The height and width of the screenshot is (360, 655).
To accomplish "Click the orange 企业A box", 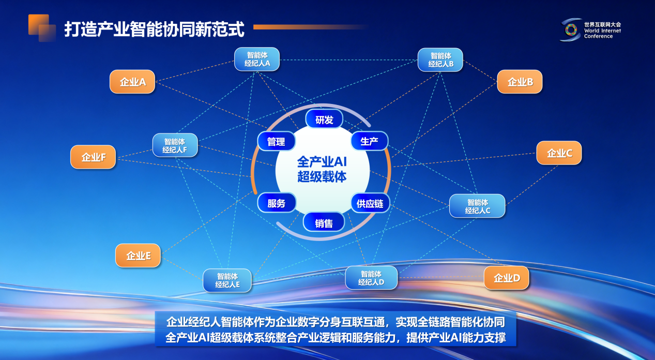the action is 132,82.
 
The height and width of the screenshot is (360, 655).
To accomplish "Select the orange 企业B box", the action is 520,82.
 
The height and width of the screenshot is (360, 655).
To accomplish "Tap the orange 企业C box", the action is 559,153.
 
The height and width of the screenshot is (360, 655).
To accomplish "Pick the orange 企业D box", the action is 507,278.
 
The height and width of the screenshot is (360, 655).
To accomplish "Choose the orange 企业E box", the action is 138,256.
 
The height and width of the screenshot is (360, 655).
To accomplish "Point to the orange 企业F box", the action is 93,157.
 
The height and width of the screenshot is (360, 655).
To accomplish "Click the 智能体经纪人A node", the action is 257,59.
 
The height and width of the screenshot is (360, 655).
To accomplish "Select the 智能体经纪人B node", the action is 440,59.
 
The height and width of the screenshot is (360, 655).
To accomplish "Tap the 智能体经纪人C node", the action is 477,206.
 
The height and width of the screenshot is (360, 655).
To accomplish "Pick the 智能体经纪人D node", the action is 371,278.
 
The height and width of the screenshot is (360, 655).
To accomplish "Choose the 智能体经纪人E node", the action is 227,280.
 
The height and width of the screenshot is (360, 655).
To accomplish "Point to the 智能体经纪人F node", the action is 175,145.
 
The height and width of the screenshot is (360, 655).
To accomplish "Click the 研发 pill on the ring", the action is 324,119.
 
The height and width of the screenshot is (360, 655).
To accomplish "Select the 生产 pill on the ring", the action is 370,141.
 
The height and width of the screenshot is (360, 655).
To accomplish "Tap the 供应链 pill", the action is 370,203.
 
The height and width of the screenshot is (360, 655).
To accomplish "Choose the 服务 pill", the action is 277,203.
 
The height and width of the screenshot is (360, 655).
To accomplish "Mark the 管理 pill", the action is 277,141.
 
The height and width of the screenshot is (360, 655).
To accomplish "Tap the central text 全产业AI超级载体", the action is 322,169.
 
